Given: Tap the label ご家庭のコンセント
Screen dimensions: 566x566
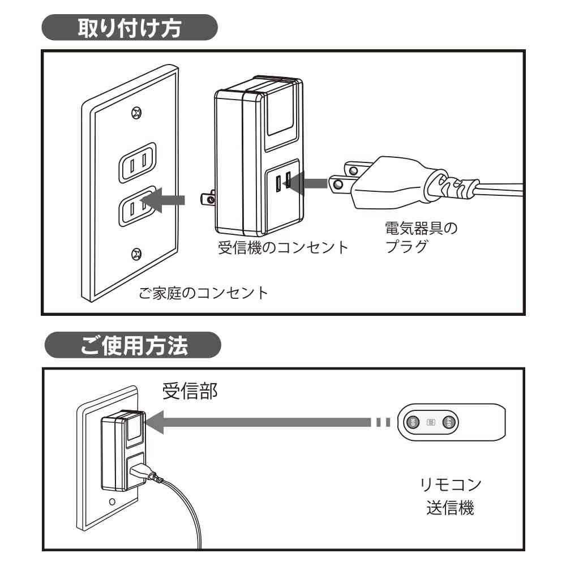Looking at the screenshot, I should [203, 294].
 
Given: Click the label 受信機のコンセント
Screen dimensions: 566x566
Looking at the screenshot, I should [283, 248].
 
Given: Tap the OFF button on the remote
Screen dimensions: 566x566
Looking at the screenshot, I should [449, 422].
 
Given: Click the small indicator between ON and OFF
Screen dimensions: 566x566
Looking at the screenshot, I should [431, 422].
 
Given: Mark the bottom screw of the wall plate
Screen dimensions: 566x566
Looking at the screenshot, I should [136, 254].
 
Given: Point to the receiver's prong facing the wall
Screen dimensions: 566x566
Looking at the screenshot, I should [208, 199].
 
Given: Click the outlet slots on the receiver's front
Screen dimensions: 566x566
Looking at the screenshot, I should [284, 182].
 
